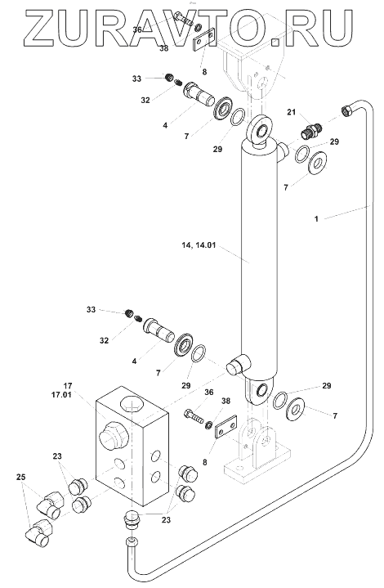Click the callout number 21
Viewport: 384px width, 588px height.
[292, 112]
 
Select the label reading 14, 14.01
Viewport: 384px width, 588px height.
[199, 245]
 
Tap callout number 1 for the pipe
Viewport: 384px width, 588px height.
[316, 218]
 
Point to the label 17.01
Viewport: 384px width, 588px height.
[61, 394]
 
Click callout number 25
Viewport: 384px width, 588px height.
[21, 478]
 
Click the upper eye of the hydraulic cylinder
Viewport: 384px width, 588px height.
[259, 130]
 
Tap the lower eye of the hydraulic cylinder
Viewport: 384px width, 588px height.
[260, 390]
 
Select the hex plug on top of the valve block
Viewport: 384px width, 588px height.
[131, 405]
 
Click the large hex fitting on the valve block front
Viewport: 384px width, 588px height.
[114, 435]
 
